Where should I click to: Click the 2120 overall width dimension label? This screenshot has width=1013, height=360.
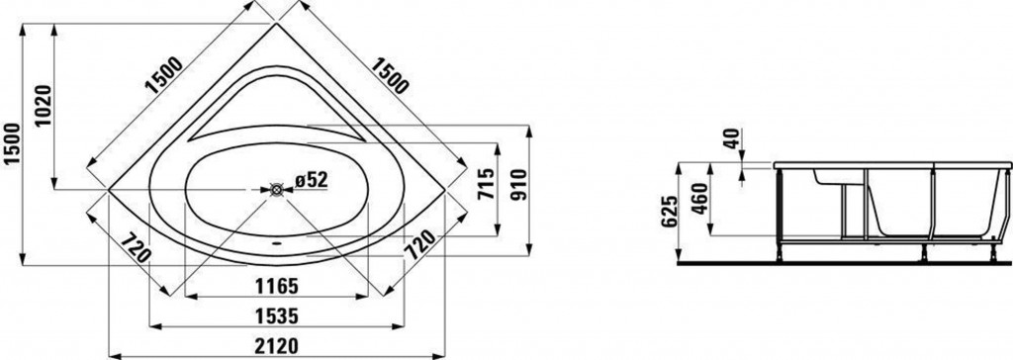coord(277,346)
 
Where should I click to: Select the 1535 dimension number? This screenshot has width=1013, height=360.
coord(277,316)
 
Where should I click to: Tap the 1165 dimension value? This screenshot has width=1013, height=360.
coord(277,285)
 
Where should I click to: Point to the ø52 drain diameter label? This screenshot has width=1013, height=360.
coord(312,180)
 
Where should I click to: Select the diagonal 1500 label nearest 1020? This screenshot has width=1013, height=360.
coord(163,76)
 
